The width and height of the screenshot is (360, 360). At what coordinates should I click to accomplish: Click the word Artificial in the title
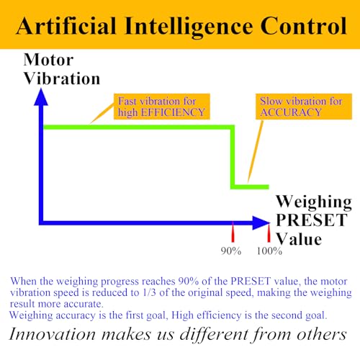pyautogui.click(x=66, y=26)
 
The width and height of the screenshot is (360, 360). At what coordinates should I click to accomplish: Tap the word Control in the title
pyautogui.click(x=304, y=26)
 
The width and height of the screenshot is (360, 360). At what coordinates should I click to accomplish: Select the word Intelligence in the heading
pyautogui.click(x=189, y=27)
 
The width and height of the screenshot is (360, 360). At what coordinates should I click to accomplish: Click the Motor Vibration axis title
pyautogui.click(x=62, y=69)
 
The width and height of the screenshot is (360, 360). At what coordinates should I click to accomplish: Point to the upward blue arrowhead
pyautogui.click(x=41, y=97)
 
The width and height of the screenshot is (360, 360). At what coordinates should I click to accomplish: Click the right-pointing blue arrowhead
pyautogui.click(x=261, y=223)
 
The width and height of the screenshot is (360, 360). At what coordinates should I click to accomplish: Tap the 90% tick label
pyautogui.click(x=231, y=251)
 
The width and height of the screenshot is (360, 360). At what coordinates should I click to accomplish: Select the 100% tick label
pyautogui.click(x=269, y=251)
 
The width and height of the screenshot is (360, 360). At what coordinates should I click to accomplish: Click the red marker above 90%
pyautogui.click(x=233, y=233)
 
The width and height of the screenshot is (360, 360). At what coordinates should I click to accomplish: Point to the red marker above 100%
pyautogui.click(x=269, y=233)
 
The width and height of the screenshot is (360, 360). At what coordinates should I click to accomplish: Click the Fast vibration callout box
pyautogui.click(x=162, y=107)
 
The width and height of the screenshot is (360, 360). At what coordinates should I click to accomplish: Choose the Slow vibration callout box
pyautogui.click(x=304, y=107)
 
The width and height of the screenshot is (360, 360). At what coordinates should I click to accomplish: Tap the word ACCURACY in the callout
pyautogui.click(x=291, y=112)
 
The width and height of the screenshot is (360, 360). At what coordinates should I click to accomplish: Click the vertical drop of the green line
pyautogui.click(x=233, y=157)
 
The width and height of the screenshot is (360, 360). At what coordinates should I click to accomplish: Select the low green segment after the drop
pyautogui.click(x=251, y=186)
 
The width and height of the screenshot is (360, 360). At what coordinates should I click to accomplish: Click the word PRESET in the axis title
pyautogui.click(x=312, y=220)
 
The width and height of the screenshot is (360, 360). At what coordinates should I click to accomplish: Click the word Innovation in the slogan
pyautogui.click(x=53, y=334)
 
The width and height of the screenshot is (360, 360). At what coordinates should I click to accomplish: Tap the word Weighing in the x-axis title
pyautogui.click(x=314, y=202)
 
